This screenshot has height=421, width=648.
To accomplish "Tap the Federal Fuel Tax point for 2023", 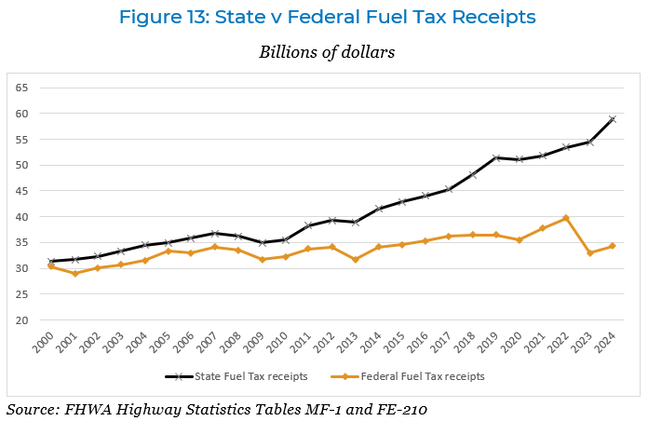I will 590,253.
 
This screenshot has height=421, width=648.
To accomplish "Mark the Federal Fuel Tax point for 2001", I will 74,273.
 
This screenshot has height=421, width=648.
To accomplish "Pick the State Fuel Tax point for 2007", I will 214,233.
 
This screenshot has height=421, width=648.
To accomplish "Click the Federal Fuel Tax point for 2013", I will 355,259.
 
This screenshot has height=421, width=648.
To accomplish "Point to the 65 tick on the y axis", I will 22,88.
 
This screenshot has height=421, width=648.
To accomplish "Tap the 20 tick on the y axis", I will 22,319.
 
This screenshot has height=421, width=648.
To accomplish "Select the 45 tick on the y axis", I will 22,191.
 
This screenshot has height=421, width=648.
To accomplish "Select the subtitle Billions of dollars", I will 327,52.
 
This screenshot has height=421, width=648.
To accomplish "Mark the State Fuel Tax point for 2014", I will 378,209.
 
